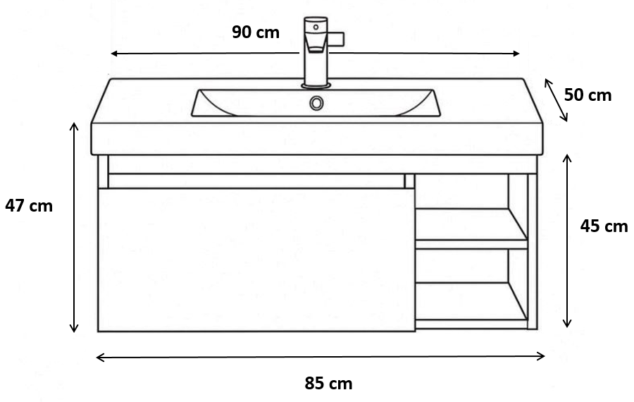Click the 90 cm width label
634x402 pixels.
[256, 32]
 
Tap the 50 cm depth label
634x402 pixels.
[588, 95]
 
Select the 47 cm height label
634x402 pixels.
[29, 206]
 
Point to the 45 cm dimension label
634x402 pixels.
[604, 226]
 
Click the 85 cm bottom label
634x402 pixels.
[328, 384]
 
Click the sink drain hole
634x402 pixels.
[316, 103]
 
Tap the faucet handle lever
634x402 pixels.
[337, 39]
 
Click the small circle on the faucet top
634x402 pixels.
[316, 27]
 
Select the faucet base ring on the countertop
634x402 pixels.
[316, 85]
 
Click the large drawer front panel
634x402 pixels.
[256, 260]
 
